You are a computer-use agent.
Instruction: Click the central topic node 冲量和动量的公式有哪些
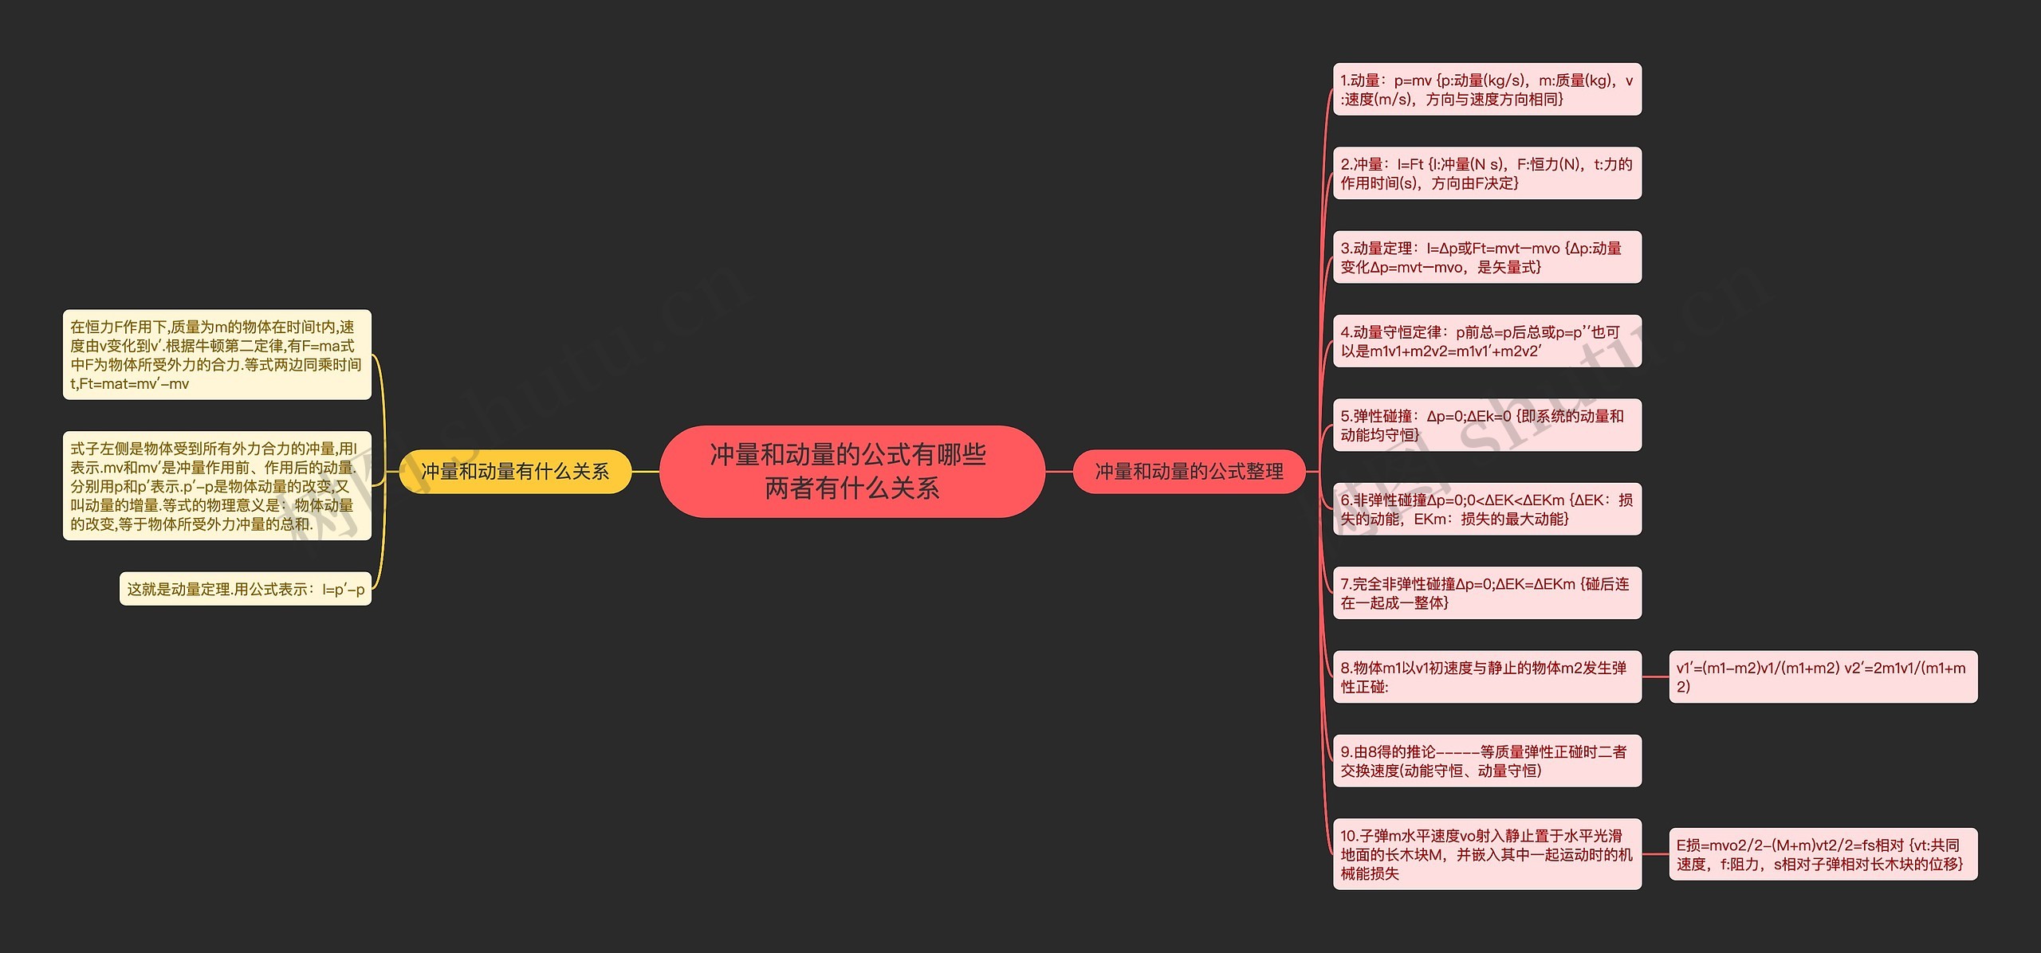851,471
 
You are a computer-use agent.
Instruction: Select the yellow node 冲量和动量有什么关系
515,472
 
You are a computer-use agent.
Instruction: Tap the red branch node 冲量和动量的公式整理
1189,472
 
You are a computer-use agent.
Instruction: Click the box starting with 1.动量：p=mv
1487,89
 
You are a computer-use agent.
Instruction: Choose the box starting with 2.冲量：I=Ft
1487,173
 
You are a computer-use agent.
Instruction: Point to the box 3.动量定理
1487,257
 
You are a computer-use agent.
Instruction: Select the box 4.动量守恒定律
1487,341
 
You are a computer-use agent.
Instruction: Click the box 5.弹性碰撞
1487,425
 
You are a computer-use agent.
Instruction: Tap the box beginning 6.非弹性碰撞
1487,509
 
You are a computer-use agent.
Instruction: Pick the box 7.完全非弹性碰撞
1487,593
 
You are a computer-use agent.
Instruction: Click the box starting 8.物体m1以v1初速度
1487,677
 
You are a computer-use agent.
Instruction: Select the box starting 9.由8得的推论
1487,761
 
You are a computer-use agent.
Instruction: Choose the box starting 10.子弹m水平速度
1487,854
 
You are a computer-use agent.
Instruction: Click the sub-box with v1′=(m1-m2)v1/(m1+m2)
1823,677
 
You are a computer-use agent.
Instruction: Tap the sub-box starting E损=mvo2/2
1823,854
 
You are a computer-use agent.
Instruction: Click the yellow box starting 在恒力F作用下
217,355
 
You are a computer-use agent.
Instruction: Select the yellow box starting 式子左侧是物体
217,486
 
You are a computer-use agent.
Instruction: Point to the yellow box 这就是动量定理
246,589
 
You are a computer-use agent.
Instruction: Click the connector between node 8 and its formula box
1655,677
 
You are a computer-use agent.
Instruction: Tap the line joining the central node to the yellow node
646,472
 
